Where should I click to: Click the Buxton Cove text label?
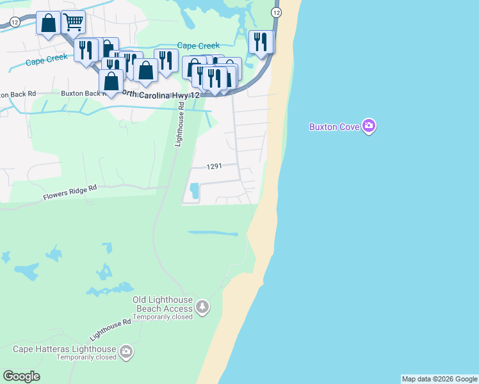335,127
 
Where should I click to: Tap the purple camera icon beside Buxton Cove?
368,125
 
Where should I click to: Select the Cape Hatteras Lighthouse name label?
65,349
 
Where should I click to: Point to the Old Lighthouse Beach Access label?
163,304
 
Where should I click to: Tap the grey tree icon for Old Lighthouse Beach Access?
202,307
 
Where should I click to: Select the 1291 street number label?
214,166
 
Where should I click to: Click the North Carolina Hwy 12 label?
161,95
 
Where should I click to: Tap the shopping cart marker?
74,22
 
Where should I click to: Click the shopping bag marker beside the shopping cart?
48,24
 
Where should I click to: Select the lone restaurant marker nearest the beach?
261,42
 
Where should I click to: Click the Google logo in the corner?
21,376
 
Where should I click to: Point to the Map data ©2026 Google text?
439,379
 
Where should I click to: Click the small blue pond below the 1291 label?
193,191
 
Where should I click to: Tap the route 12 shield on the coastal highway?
276,13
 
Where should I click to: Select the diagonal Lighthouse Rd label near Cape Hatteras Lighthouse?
110,329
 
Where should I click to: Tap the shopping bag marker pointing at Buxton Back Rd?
111,82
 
